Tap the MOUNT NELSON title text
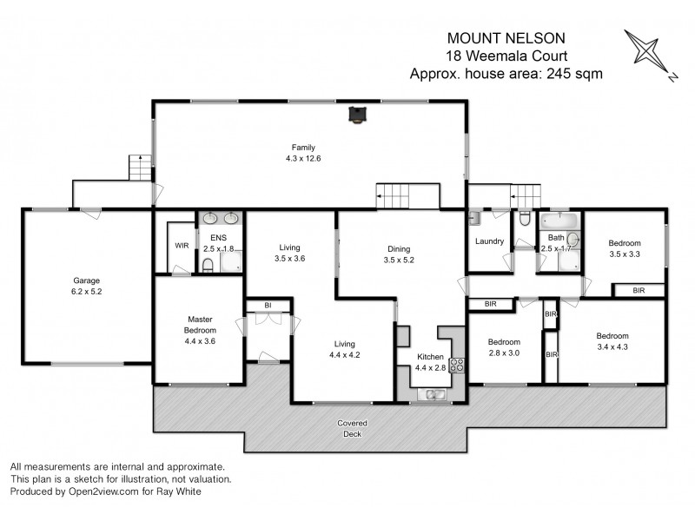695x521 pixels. click(x=506, y=38)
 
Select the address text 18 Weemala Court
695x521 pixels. click(x=506, y=56)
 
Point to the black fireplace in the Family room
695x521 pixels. click(x=356, y=115)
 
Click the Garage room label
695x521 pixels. click(x=87, y=287)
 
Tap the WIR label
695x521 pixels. click(x=182, y=246)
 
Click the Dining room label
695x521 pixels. click(x=399, y=254)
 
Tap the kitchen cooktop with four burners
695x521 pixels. click(x=457, y=365)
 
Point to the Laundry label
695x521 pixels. click(x=489, y=241)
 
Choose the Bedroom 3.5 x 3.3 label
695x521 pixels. click(x=624, y=249)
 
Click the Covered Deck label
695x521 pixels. click(x=352, y=428)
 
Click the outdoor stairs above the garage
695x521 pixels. click(x=140, y=167)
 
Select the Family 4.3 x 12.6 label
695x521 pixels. click(x=303, y=153)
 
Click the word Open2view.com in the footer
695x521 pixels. click(x=105, y=491)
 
